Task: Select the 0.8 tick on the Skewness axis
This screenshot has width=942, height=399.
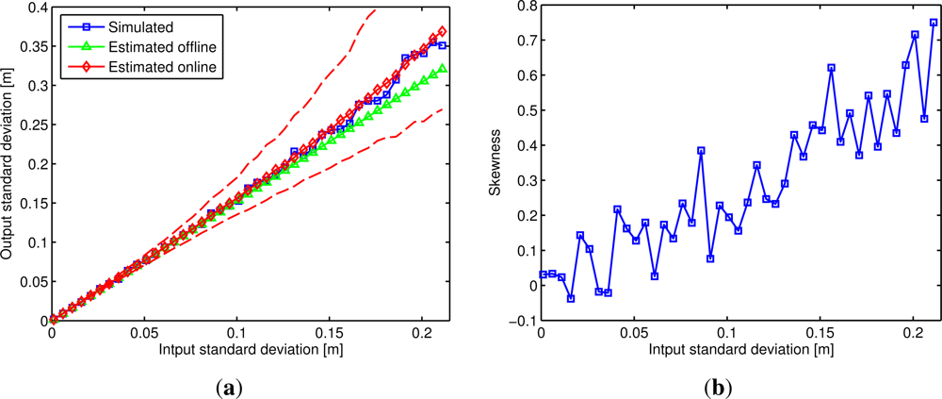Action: [523, 8]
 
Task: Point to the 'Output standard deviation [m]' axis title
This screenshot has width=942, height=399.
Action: [8, 164]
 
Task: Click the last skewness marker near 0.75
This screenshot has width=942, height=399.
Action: [934, 23]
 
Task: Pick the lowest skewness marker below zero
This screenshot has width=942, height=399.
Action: [571, 298]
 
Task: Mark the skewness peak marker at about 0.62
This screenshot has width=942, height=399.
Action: [831, 68]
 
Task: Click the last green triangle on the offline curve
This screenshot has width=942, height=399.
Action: [442, 69]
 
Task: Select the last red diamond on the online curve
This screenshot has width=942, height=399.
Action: [442, 31]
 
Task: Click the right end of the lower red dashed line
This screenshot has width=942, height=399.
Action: [444, 108]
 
